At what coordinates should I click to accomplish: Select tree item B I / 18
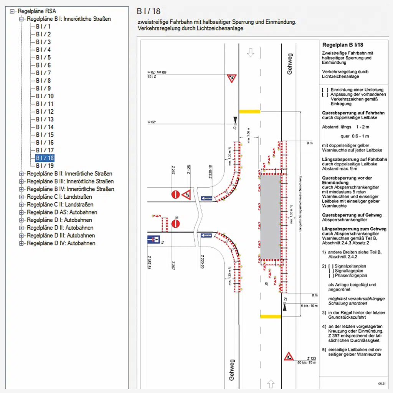coord(45,158)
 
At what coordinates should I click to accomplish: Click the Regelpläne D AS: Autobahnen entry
coord(62,212)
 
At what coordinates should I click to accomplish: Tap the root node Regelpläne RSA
coord(36,11)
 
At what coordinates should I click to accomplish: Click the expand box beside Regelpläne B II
coord(21,174)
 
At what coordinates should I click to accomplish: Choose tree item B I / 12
coord(45,112)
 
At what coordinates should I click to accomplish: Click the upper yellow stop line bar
coord(249,111)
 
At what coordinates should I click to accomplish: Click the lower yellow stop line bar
coord(271,316)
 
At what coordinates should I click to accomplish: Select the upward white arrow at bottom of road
coord(271,383)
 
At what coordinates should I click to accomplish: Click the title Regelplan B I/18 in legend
coord(340,45)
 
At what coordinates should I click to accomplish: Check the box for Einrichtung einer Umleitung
coord(325,90)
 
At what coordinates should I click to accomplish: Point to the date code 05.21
coord(381,383)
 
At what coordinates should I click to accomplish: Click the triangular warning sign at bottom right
coord(289,357)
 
